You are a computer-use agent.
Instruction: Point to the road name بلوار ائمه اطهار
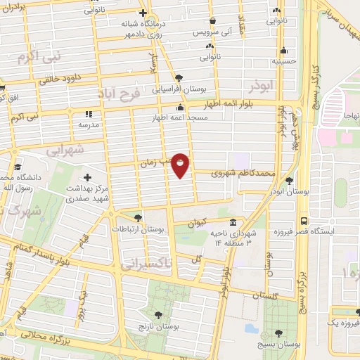pos(218,103)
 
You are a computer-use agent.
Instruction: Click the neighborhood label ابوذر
pos(259,86)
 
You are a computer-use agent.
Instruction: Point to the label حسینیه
pos(284,61)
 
